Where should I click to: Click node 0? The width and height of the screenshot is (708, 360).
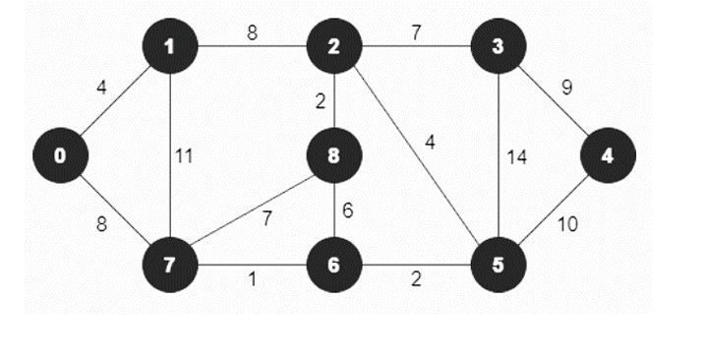[61, 156]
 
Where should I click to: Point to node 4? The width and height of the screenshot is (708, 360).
[608, 156]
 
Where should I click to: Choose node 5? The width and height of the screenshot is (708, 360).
[499, 265]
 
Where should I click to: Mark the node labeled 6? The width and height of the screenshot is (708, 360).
[334, 265]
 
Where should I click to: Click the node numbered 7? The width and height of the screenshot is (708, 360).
[170, 265]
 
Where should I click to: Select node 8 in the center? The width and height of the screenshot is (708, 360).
[334, 156]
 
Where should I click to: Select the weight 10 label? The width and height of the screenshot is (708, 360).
[567, 225]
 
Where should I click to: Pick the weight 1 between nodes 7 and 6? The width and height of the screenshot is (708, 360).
[253, 281]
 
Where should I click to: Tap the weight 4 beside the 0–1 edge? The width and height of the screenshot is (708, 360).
[101, 88]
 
